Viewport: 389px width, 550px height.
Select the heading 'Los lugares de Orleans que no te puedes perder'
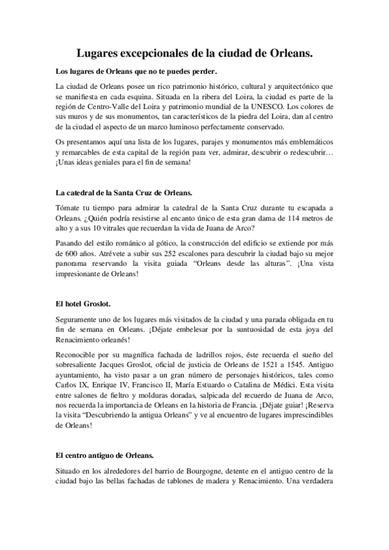(x=136, y=71)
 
